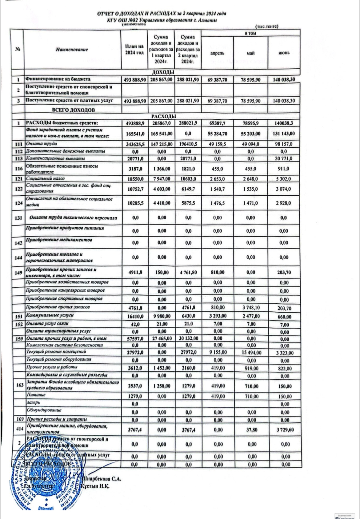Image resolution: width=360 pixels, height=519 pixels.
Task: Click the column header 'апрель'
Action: click(x=217, y=53)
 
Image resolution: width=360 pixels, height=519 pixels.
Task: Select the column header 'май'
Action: click(x=251, y=53)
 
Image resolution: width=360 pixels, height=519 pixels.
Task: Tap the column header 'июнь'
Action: click(x=284, y=53)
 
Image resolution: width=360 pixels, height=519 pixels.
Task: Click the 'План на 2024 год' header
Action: click(x=134, y=50)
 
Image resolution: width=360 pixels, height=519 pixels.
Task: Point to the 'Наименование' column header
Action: click(x=72, y=49)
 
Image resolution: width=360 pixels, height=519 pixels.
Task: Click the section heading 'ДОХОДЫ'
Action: click(x=163, y=72)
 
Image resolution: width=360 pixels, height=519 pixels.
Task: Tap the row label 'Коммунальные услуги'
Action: click(x=46, y=315)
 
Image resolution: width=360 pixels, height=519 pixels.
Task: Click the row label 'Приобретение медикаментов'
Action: click(x=55, y=240)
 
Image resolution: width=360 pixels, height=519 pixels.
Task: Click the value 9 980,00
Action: click(x=161, y=316)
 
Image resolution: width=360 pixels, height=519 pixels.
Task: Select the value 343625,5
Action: click(x=134, y=144)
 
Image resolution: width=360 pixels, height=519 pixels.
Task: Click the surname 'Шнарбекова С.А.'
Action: click(x=102, y=479)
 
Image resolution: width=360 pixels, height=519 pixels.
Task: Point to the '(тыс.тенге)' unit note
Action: click(x=267, y=26)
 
